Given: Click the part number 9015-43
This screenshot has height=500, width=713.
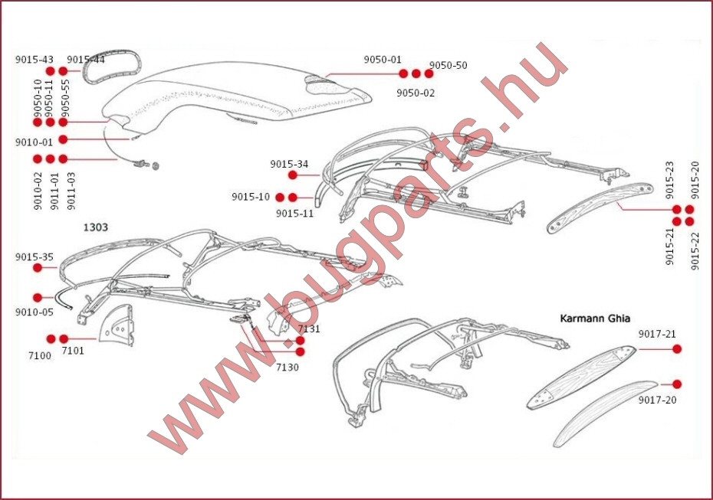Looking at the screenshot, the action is click(34, 60).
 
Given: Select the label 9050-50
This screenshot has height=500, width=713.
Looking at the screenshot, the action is click(448, 65).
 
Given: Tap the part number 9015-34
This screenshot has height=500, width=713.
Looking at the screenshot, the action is click(289, 164).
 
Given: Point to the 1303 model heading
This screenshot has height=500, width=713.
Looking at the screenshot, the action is click(96, 227).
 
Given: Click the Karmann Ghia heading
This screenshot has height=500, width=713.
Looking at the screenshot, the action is click(595, 319).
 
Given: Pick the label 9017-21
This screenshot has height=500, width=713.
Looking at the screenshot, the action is click(657, 335).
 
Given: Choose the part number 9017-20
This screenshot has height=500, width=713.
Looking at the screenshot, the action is click(657, 400).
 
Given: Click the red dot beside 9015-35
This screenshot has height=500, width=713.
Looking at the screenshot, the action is click(38, 268).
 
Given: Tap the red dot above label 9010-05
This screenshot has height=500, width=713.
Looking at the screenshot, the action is click(38, 298).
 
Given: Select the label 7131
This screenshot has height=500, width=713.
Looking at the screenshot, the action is click(309, 328).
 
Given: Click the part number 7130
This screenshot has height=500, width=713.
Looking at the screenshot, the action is click(287, 367).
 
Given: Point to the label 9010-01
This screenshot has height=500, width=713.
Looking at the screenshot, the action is click(34, 142).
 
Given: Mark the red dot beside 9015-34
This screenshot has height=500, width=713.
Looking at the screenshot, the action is click(293, 175).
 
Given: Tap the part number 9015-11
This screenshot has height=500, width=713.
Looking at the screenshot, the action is click(294, 214).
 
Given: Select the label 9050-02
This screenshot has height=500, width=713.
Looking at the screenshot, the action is click(416, 93).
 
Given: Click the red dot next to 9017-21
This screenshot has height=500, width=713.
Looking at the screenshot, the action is click(677, 348).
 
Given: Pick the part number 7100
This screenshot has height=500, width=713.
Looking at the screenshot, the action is click(40, 355).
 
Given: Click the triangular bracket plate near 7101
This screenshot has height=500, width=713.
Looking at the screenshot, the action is click(117, 325).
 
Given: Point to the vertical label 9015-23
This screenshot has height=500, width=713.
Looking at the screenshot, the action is click(670, 180).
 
